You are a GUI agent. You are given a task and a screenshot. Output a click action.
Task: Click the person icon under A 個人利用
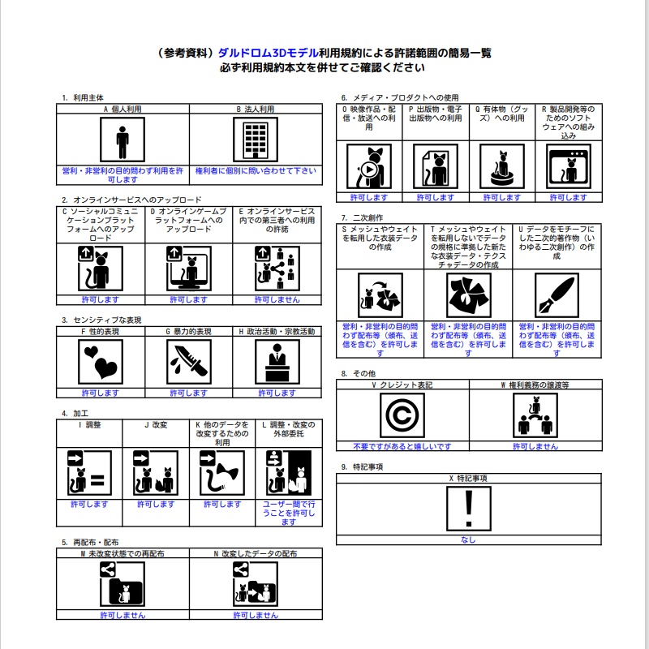pos(122,140)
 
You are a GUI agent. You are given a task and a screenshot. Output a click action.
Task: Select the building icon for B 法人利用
pos(256,140)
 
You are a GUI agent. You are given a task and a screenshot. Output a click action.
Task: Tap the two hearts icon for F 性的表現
pos(101,362)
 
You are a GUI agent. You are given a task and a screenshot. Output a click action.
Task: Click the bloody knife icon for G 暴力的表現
pos(189,362)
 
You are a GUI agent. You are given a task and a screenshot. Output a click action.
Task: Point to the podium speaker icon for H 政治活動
pos(277,362)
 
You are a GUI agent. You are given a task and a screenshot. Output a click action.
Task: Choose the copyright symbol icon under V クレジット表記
pos(402,415)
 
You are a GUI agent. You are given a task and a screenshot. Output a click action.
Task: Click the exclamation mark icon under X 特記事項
pos(469,509)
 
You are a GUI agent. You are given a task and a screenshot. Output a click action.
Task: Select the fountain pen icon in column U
pos(557,295)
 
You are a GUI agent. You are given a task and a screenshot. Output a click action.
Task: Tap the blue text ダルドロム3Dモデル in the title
pos(268,53)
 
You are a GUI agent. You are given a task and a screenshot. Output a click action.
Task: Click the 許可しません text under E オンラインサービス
pos(277,299)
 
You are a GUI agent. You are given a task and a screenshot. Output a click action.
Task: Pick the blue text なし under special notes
pos(469,539)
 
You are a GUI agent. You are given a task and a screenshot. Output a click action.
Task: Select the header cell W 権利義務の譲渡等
pos(535,385)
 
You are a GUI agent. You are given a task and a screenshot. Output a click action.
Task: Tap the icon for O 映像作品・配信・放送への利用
pos(369,166)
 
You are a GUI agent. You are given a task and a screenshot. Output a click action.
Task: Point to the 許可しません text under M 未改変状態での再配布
pos(123,615)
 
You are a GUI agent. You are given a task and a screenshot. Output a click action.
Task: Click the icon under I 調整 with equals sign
pos(89,473)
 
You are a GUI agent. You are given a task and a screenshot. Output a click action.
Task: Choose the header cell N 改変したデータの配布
pos(256,553)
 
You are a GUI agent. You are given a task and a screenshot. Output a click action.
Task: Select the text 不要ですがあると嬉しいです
pos(402,446)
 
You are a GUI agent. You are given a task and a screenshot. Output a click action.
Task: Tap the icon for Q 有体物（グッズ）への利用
pos(502,166)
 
